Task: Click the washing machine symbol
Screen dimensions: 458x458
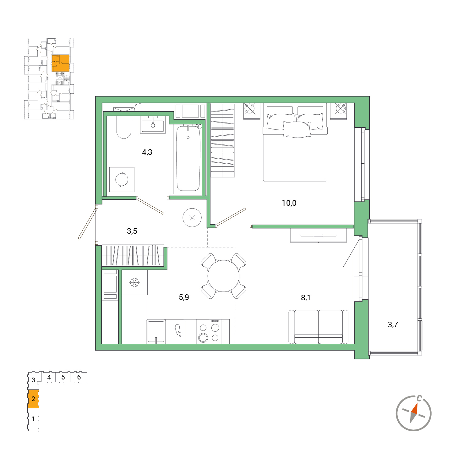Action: [122, 179]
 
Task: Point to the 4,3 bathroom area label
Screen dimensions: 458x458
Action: [147, 152]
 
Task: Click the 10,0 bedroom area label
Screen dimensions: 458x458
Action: [289, 203]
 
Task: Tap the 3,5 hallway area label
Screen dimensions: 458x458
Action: [132, 231]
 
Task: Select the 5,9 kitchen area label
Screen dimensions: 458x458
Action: [184, 297]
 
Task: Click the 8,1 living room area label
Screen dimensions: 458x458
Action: [305, 297]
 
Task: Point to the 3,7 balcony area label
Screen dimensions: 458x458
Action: [393, 324]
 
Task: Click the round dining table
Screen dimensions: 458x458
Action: [223, 276]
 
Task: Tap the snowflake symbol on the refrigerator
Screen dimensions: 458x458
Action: [134, 282]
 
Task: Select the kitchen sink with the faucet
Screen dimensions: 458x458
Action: [156, 331]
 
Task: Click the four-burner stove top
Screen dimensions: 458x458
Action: [209, 331]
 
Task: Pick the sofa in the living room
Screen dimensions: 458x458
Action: [318, 327]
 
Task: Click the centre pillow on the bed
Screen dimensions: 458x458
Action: [297, 129]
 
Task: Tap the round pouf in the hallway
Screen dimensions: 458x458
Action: [192, 217]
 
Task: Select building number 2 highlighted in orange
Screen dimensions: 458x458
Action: [33, 399]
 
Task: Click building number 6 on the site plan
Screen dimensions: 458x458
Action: [79, 377]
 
